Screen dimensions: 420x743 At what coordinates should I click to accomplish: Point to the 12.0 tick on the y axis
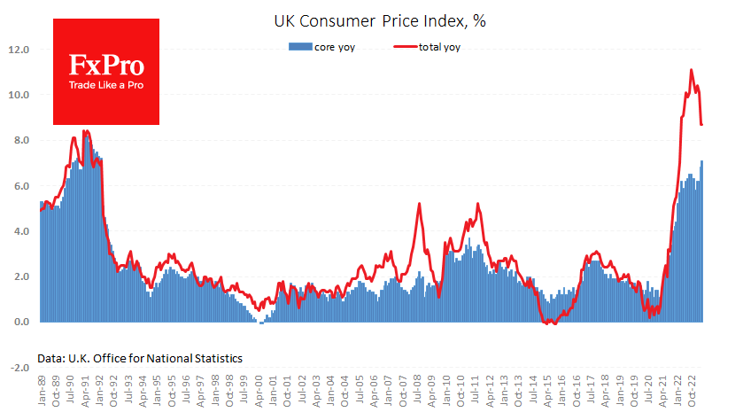(19, 50)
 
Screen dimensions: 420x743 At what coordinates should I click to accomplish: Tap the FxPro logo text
(106, 65)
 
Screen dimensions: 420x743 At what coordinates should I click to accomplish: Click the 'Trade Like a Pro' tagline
(106, 86)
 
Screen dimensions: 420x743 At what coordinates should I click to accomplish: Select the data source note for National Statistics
(140, 358)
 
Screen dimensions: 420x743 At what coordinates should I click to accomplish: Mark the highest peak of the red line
(692, 70)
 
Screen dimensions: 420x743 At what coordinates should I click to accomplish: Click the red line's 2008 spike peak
(418, 204)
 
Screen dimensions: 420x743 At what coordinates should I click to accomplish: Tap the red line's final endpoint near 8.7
(702, 125)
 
